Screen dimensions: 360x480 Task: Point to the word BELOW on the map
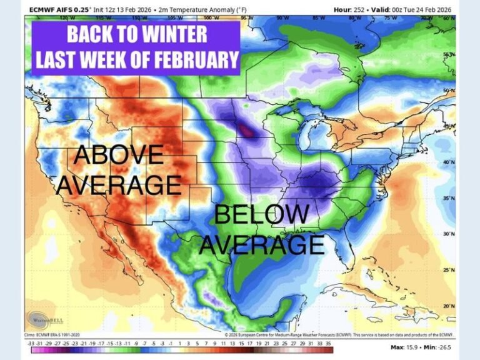(x=261, y=215)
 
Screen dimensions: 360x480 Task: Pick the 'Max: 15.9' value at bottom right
(x=403, y=347)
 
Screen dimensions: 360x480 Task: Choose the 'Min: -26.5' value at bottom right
(x=440, y=347)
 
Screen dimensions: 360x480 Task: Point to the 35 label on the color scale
(x=328, y=343)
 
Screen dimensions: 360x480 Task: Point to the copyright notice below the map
(x=340, y=335)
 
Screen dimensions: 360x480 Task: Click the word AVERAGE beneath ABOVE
(x=123, y=185)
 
